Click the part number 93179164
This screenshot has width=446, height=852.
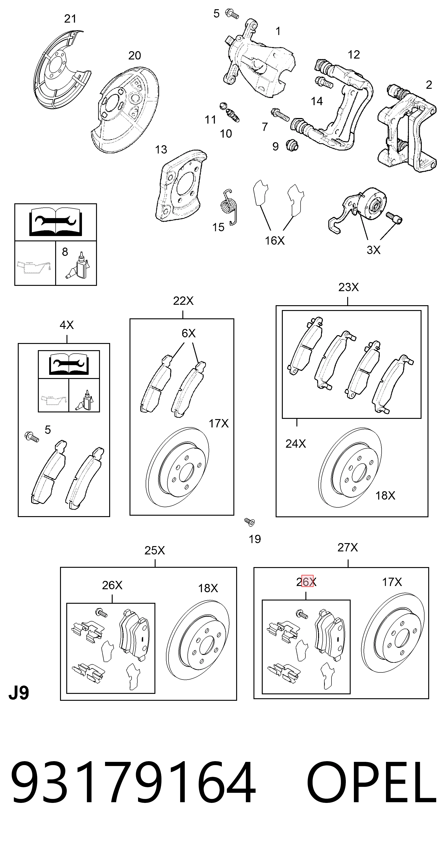coord(133,784)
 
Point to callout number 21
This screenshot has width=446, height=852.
coord(70,19)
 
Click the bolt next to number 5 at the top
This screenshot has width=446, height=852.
coord(232,14)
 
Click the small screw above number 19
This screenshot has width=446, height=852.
coord(250,522)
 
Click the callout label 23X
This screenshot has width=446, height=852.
coord(348,287)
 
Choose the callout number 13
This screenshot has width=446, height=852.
coord(161,150)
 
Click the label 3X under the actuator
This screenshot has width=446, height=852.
coord(374,250)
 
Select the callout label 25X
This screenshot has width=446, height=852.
coord(155,550)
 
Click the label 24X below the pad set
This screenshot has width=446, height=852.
coord(296,444)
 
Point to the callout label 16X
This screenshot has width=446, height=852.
coord(274,240)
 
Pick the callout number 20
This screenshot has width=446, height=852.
coord(134,56)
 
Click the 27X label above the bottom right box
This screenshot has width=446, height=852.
coord(348,547)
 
